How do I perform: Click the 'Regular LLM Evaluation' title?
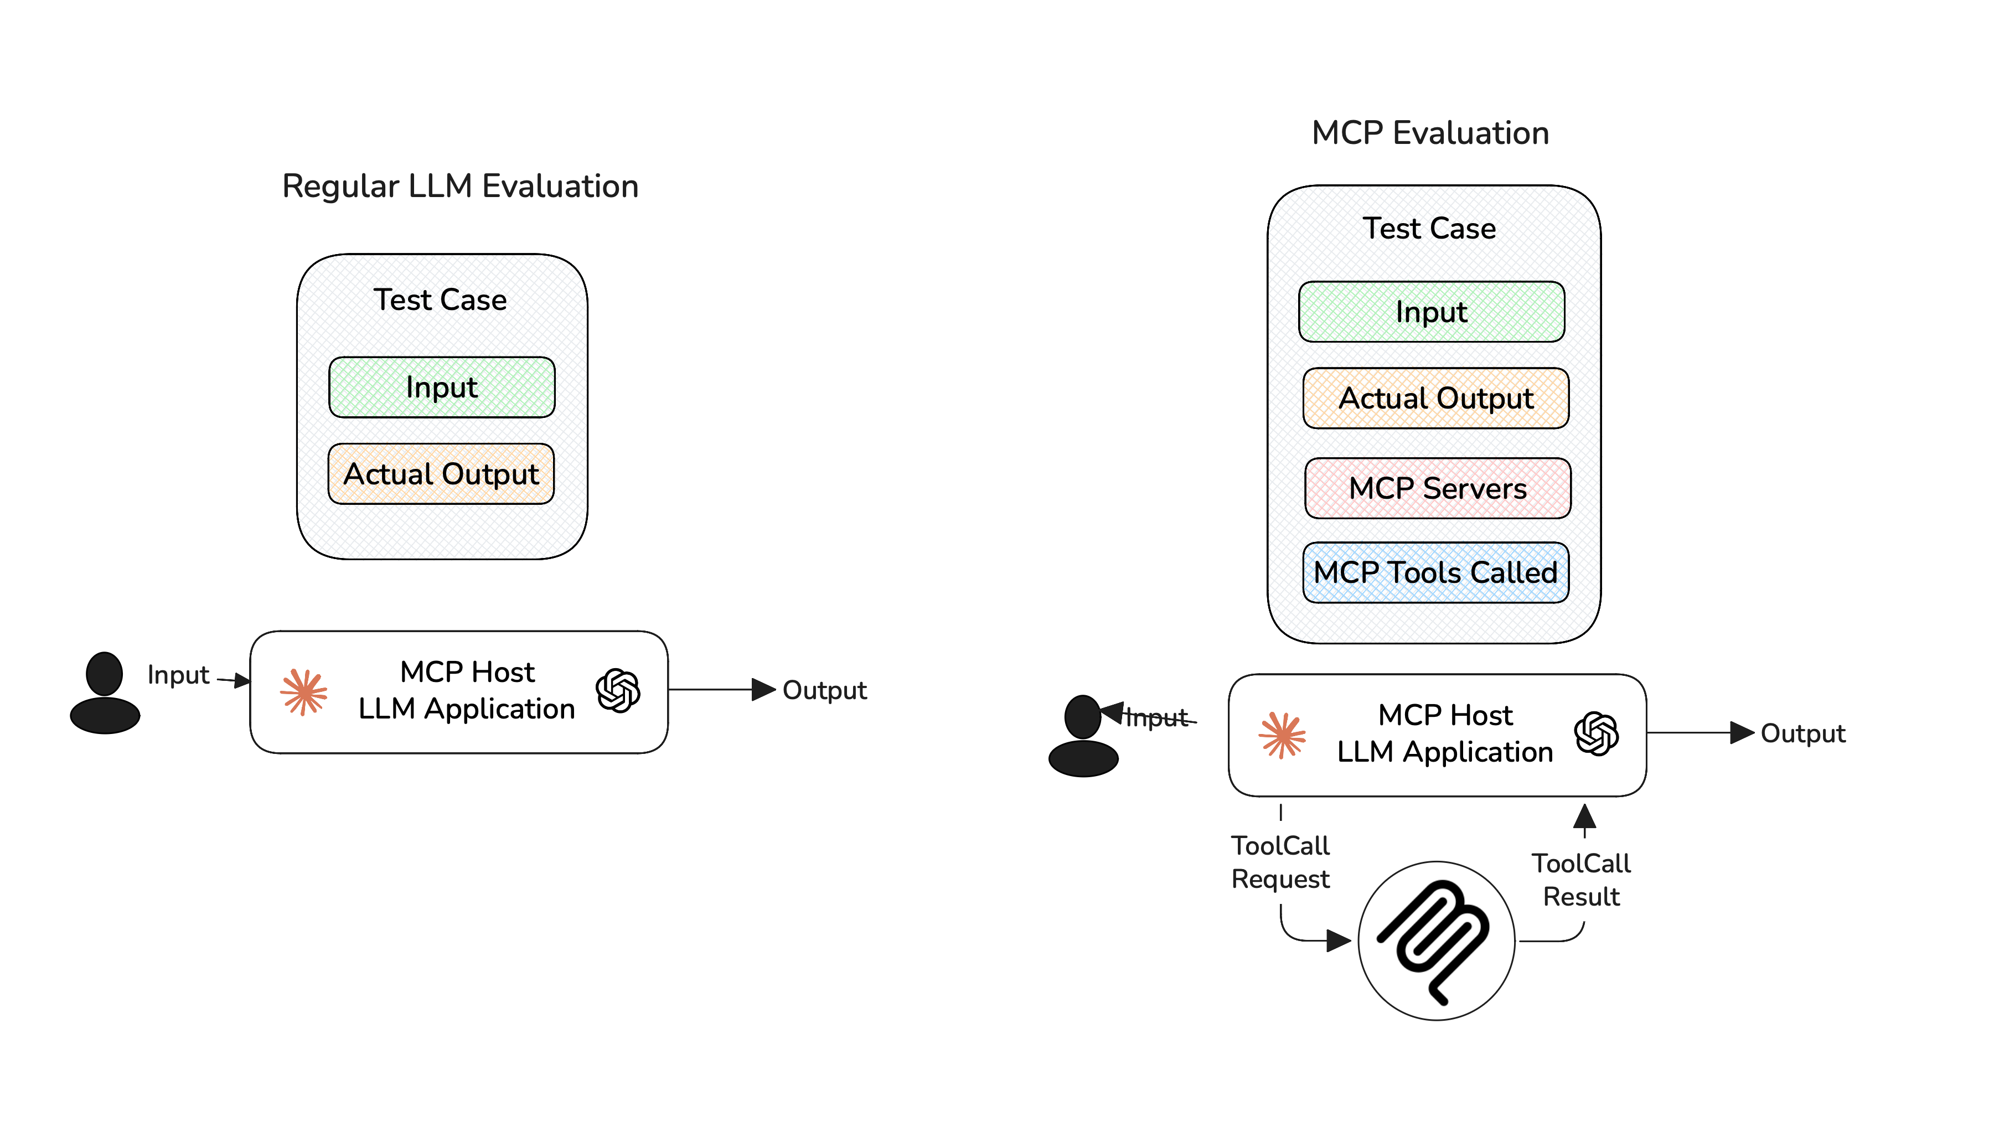point(459,187)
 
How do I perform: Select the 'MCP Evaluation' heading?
point(1429,133)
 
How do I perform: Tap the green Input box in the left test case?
point(442,387)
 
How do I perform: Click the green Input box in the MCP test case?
point(1430,312)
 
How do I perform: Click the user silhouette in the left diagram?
point(105,692)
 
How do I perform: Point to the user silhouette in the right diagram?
point(1082,736)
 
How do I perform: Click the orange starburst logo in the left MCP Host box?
point(304,691)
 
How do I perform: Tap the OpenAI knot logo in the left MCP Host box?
point(618,690)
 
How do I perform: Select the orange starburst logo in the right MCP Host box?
point(1282,735)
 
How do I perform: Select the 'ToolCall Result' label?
point(1580,880)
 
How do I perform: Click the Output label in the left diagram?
point(824,690)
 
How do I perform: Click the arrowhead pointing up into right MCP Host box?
point(1584,816)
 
